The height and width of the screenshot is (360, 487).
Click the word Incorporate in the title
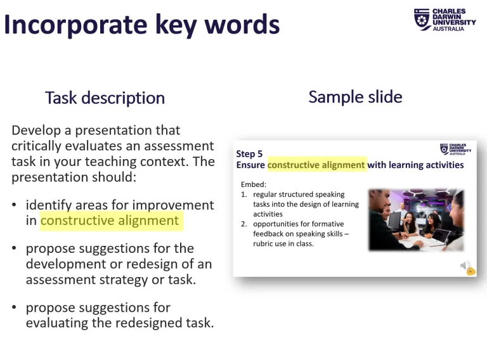pyautogui.click(x=75, y=25)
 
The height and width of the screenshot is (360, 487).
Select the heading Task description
pyautogui.click(x=105, y=98)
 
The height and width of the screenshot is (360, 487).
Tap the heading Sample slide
pyautogui.click(x=355, y=97)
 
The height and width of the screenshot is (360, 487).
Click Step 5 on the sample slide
pyautogui.click(x=249, y=154)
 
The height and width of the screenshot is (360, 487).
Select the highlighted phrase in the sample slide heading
pyautogui.click(x=316, y=165)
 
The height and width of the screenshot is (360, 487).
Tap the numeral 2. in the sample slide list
pyautogui.click(x=244, y=224)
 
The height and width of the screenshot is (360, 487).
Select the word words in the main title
pyautogui.click(x=246, y=25)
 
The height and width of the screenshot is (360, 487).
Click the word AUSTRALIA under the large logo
pyautogui.click(x=448, y=29)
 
